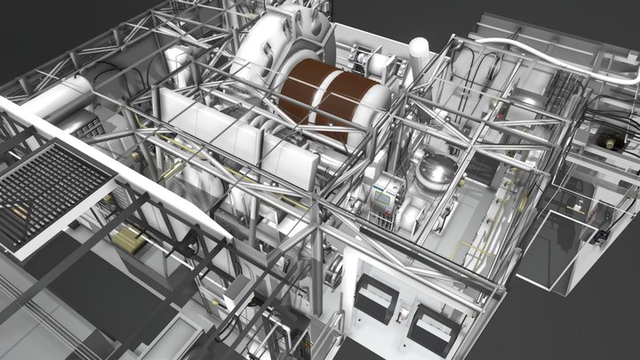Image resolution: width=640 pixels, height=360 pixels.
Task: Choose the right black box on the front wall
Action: (x=435, y=329)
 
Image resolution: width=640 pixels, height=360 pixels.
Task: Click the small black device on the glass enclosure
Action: (x=601, y=236)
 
